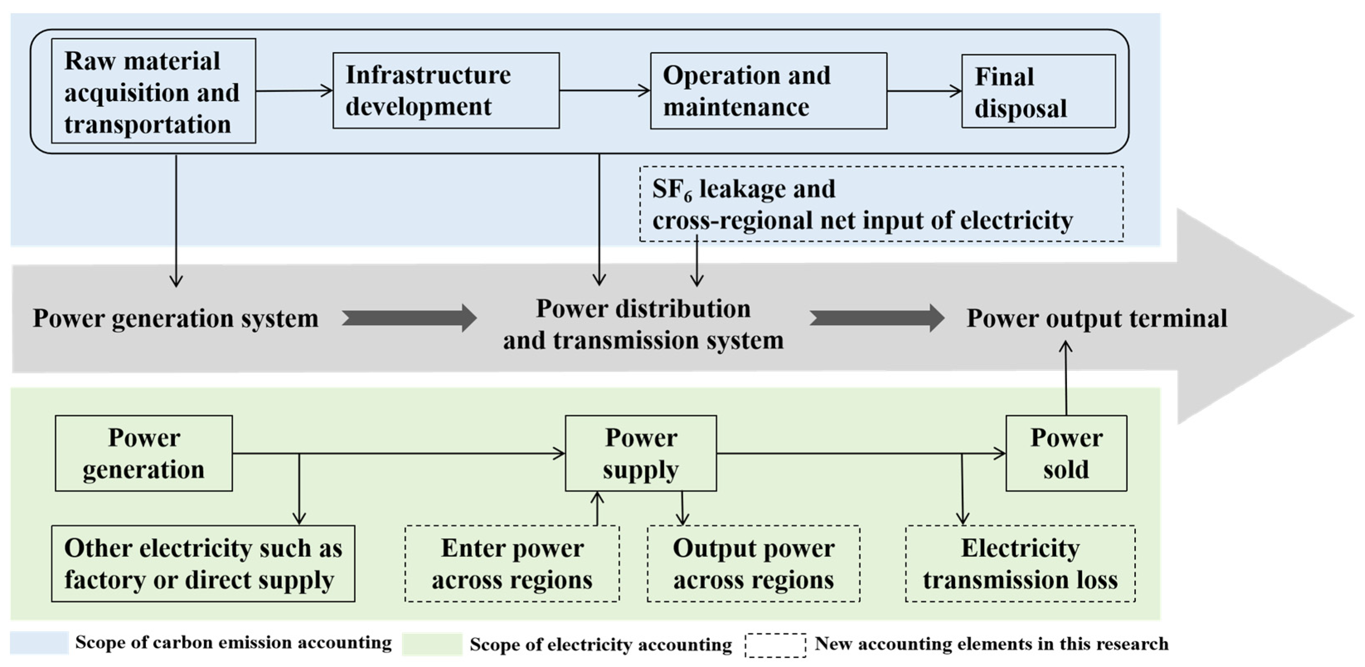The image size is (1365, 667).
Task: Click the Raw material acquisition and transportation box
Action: (153, 91)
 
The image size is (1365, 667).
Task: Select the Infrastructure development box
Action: (445, 91)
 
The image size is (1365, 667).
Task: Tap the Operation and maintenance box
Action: (768, 91)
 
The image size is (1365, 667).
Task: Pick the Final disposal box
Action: (1038, 91)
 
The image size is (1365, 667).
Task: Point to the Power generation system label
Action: (175, 319)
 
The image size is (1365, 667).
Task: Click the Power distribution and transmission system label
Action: (643, 324)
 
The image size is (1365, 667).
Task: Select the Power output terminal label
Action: (1096, 319)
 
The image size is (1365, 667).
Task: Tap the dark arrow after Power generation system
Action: (409, 318)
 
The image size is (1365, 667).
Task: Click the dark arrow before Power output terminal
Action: (876, 318)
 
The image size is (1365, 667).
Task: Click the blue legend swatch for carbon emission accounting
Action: (39, 643)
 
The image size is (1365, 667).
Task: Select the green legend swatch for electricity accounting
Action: (432, 644)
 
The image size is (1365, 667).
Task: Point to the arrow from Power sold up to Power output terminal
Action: (1066, 378)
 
